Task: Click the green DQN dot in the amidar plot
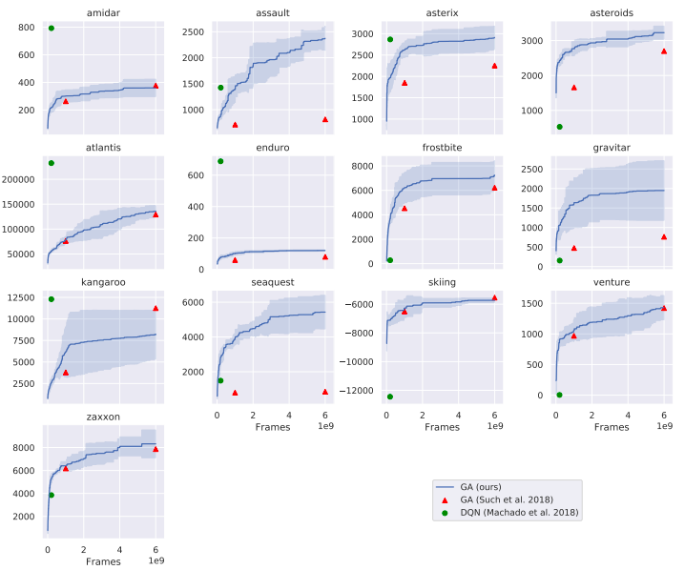click(x=52, y=29)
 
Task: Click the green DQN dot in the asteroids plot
click(x=559, y=127)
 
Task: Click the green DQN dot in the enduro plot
click(x=220, y=161)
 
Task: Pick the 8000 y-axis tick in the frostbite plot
click(x=360, y=166)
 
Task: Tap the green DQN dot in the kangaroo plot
click(x=52, y=299)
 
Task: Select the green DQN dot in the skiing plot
click(x=389, y=397)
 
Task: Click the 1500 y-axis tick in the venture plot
click(x=532, y=303)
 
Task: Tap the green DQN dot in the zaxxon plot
click(x=52, y=495)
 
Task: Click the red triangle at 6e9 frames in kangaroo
click(x=156, y=308)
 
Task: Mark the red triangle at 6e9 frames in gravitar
click(x=664, y=236)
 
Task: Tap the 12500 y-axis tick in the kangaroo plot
click(x=21, y=297)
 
